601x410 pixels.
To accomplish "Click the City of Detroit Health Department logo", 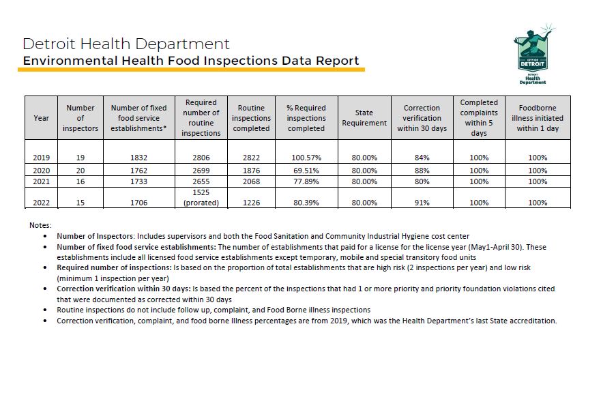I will coord(537,55).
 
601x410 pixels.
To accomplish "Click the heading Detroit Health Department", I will coord(126,44).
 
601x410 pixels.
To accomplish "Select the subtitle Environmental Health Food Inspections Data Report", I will coord(190,61).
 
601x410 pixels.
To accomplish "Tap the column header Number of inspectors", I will coord(80,118).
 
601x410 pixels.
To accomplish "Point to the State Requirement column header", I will coord(364,118).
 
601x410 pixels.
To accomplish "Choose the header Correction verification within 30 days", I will coord(422,118).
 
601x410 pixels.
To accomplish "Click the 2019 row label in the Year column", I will coord(42,158).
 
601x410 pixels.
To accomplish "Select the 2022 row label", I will coord(42,203).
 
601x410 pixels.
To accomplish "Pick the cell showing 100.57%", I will coord(306,158).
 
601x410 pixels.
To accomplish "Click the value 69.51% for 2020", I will coord(306,171).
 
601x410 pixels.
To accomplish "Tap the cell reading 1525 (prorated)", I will coord(201,198).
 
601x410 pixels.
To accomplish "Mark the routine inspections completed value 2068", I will coord(251,182).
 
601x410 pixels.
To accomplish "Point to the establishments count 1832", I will coord(138,158).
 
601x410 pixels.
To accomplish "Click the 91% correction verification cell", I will coord(422,203).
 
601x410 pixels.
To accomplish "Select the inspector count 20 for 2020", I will coord(80,171).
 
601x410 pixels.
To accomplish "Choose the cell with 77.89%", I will coord(306,182).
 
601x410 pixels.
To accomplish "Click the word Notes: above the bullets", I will coord(40,225).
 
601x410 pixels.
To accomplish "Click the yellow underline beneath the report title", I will coord(191,70).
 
